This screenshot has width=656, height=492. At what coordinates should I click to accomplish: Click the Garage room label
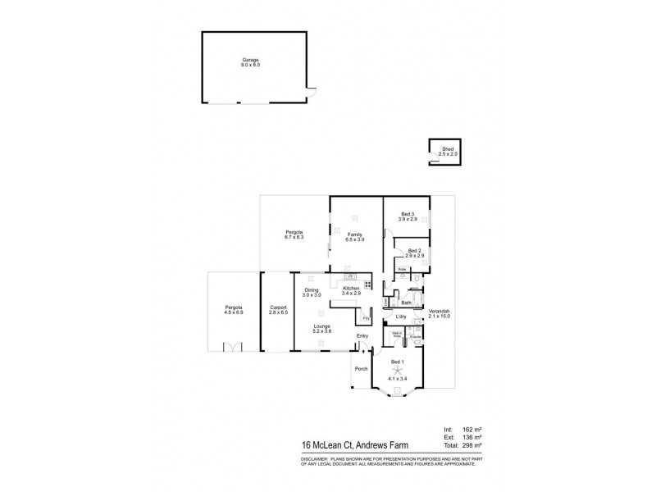(250, 60)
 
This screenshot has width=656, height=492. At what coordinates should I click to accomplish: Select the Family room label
(355, 235)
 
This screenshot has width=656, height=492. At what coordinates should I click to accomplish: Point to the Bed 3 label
(408, 215)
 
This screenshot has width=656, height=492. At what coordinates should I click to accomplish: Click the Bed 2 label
(415, 251)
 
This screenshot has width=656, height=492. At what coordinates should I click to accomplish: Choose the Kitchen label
(352, 289)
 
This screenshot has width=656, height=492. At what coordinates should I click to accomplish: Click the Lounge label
(321, 326)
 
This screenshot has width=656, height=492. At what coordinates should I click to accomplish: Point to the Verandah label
(440, 312)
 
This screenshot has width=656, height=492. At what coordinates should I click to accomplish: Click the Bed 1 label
(397, 362)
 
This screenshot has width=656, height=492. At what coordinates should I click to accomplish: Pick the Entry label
(362, 336)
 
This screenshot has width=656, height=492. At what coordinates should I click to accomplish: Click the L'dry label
(401, 317)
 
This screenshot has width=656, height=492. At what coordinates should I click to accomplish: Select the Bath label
(406, 303)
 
